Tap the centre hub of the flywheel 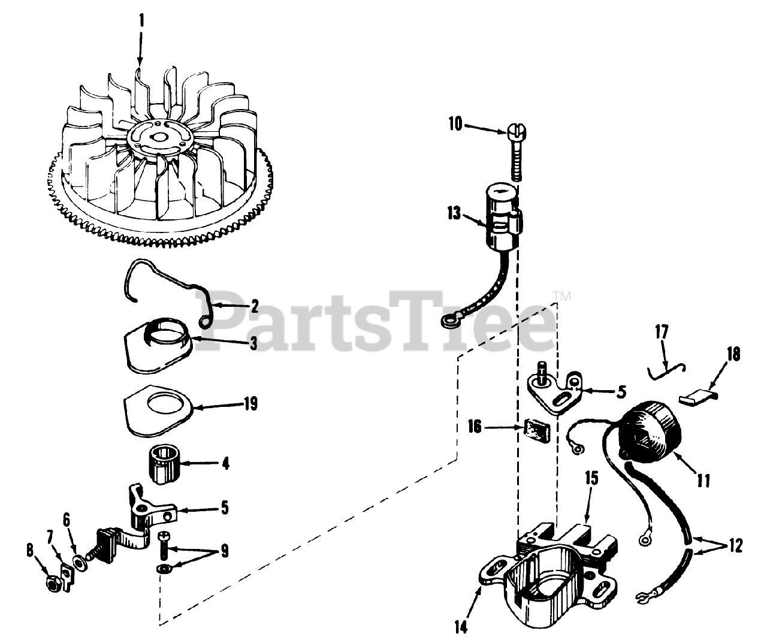tap(159, 137)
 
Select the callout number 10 tap(455, 124)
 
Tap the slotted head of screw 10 tap(516, 130)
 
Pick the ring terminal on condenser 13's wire tap(447, 323)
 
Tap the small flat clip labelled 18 tap(693, 397)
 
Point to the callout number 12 tap(735, 546)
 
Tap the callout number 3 tap(254, 343)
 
